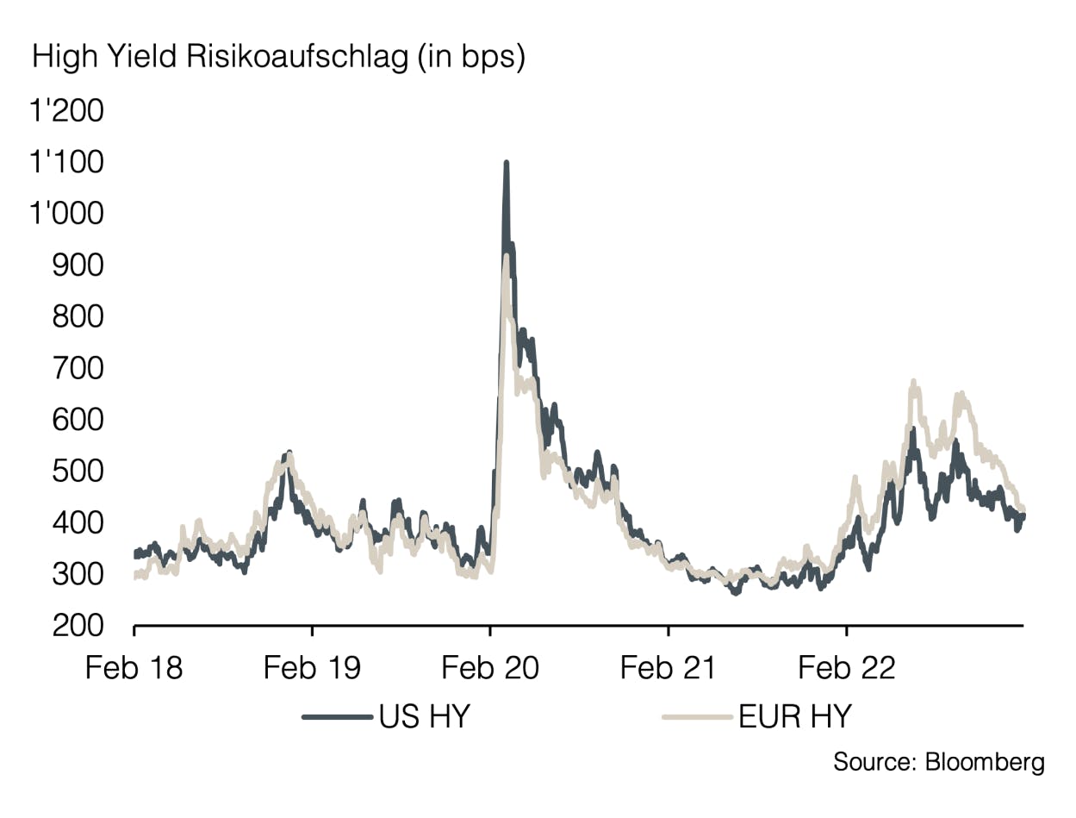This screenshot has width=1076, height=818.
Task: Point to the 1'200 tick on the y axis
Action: pos(66,111)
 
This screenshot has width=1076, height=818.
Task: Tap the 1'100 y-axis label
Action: pos(66,162)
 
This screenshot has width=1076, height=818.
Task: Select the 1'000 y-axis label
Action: pos(66,214)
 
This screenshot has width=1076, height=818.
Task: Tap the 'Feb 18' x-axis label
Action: pos(134,667)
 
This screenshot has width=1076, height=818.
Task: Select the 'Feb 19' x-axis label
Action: pos(312,667)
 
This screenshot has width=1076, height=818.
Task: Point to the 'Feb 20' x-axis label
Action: pos(490,667)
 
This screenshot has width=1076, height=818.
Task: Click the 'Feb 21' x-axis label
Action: pos(669,667)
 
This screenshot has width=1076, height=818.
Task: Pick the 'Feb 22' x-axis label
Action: pos(847,667)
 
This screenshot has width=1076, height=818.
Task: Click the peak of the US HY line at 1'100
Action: pos(506,163)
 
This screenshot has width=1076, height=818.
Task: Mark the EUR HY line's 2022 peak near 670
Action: pos(913,382)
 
